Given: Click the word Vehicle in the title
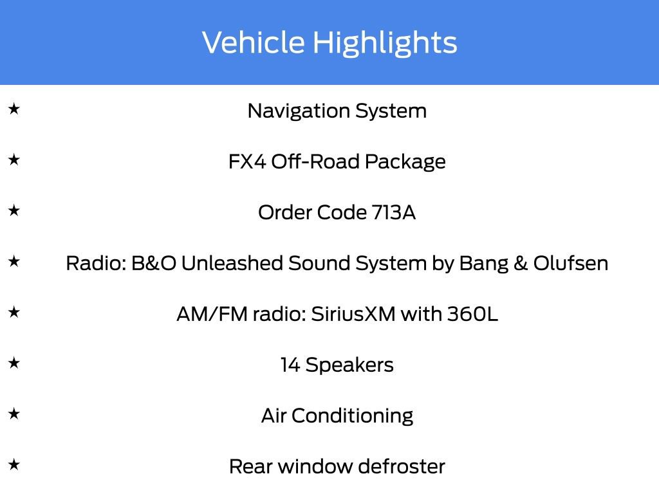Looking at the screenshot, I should pos(254,42).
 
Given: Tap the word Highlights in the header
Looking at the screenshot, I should pos(385,43).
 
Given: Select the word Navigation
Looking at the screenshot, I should pos(291,111).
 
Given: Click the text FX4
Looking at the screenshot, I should pos(246,161).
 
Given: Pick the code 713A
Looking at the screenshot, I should pos(394,212).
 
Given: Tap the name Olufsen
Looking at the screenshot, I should pos(570,263).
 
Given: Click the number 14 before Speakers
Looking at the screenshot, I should pos(290,365).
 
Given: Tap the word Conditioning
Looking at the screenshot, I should pos(352,416).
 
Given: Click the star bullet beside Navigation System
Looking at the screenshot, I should pos(14,109).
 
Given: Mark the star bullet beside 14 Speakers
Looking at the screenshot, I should pos(14,363).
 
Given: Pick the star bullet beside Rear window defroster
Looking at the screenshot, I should pos(14,464).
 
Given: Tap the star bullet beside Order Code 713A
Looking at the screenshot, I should pos(14,211).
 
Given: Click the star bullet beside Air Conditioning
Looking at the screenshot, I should pos(14,414).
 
